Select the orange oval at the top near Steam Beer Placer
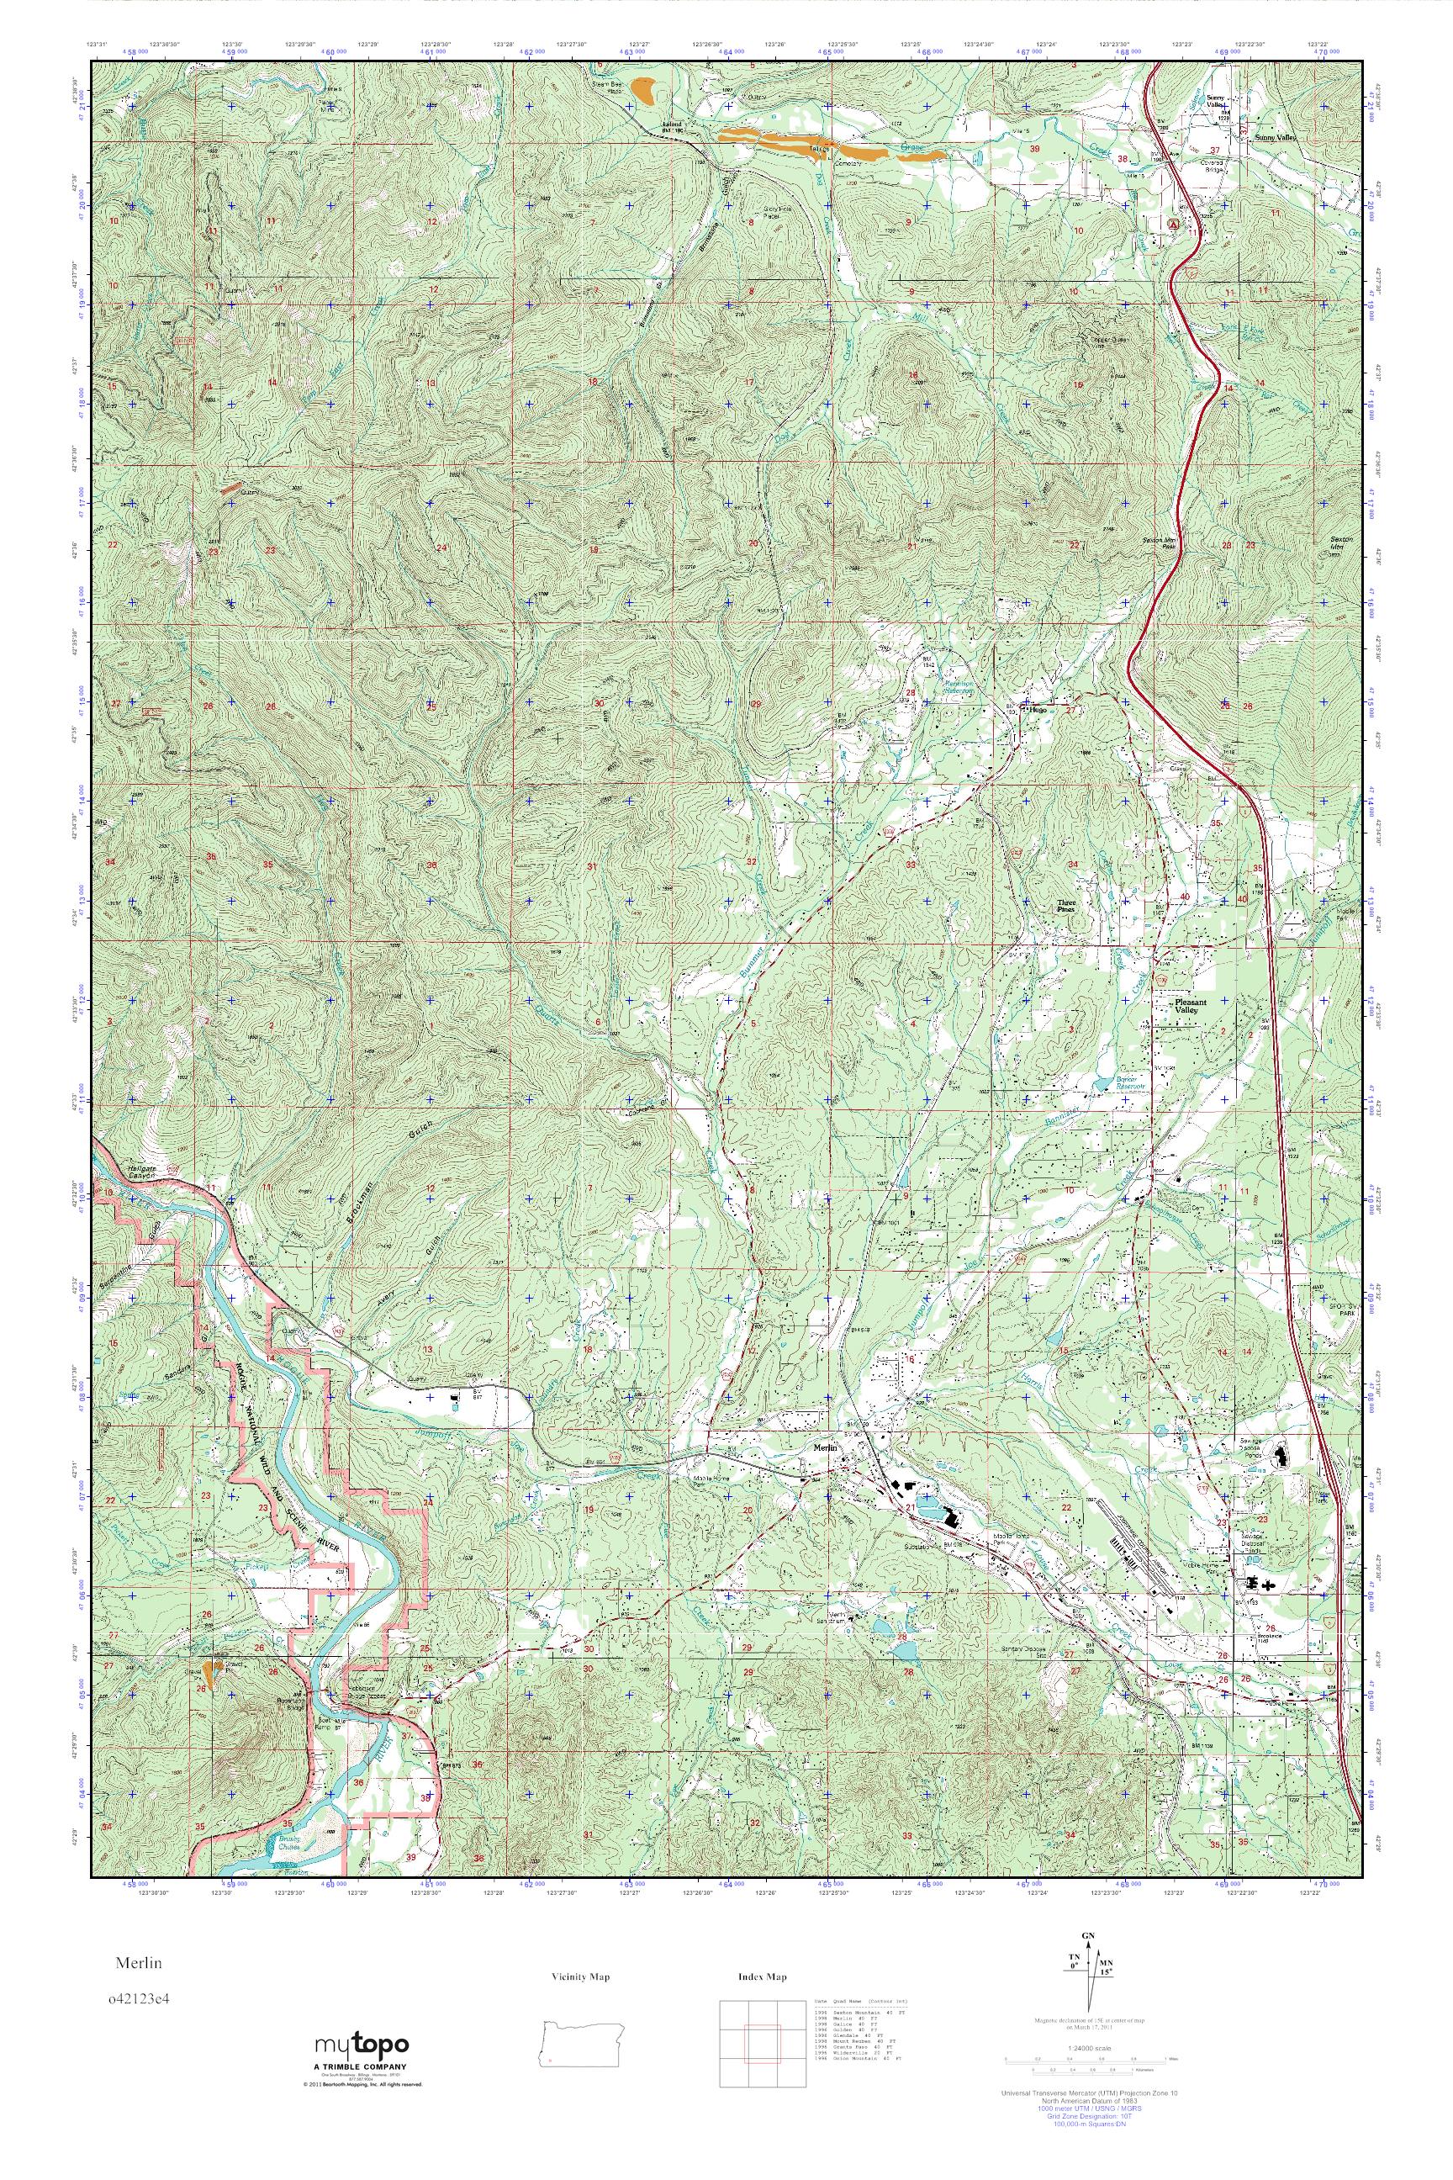[x=645, y=91]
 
